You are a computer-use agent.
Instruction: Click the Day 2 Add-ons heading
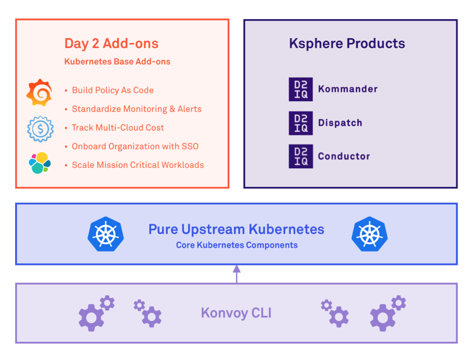point(111,43)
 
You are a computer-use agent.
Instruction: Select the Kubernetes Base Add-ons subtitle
point(117,62)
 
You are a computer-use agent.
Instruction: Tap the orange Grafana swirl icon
point(39,93)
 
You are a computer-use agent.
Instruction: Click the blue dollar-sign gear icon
point(40,129)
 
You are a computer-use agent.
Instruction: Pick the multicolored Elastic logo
point(40,163)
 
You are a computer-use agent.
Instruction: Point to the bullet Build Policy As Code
point(113,90)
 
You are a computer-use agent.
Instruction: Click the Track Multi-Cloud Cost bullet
point(118,128)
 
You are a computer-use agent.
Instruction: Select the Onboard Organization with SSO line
point(135,147)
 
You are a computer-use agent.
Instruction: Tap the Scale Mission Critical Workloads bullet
point(138,165)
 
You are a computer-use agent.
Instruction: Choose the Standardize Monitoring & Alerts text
point(136,109)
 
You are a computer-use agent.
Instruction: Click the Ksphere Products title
point(347,43)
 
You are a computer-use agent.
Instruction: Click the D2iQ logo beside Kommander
point(301,89)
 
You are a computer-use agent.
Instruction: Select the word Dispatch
point(340,123)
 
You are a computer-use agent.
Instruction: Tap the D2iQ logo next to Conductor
point(301,157)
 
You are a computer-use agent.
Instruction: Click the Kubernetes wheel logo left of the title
point(106,234)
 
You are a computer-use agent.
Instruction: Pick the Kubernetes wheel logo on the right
point(369,234)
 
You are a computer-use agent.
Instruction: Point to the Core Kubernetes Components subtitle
point(236,245)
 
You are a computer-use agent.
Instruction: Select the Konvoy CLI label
point(236,313)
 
